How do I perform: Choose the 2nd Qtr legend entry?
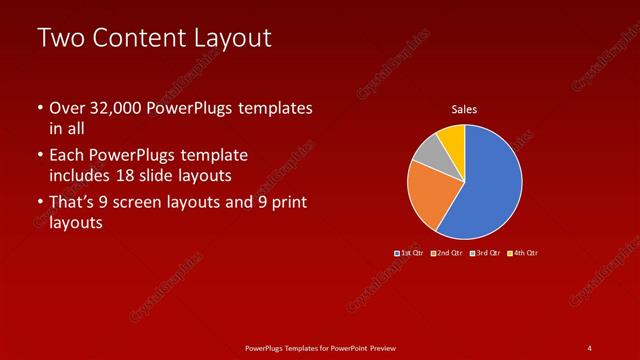[x=447, y=253]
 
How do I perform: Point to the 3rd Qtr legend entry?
[x=486, y=253]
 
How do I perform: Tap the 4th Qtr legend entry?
[x=524, y=253]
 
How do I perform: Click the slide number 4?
[x=590, y=347]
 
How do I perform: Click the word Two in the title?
[x=62, y=40]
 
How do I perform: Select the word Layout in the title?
[x=232, y=40]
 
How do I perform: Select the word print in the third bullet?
[x=288, y=203]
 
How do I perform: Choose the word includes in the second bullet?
[x=79, y=176]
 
